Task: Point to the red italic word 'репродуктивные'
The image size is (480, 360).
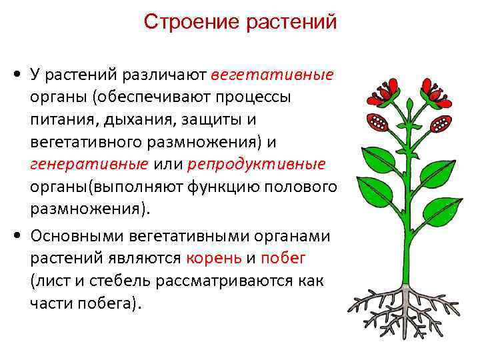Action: [257, 164]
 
